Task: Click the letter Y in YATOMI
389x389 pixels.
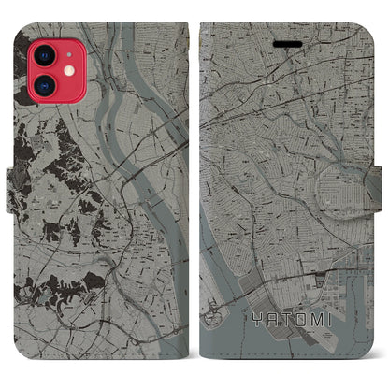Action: (x=253, y=319)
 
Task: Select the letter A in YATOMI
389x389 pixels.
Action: (x=271, y=319)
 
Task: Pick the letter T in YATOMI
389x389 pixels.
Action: (x=287, y=319)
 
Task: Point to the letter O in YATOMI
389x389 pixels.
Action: (x=304, y=319)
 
